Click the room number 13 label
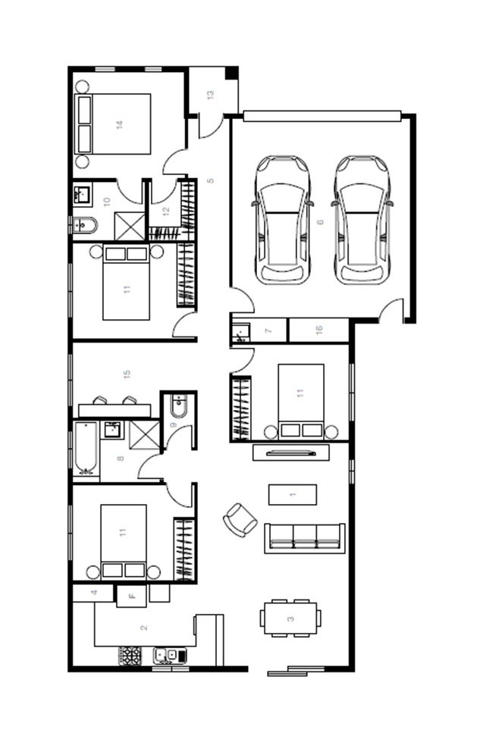[211, 95]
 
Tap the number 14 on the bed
[120, 125]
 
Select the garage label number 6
[320, 222]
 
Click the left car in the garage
[283, 220]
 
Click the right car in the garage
[362, 220]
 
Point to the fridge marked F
[132, 596]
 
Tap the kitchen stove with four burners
[130, 656]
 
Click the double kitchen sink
[170, 656]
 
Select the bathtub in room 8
[86, 449]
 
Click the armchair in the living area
[240, 520]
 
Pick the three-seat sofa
[305, 538]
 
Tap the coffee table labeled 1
[293, 494]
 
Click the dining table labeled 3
[290, 618]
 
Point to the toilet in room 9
[179, 405]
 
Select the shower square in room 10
[130, 227]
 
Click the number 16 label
[318, 329]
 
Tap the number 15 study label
[127, 374]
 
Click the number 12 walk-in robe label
[166, 211]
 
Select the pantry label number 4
[94, 593]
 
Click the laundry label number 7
[268, 330]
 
